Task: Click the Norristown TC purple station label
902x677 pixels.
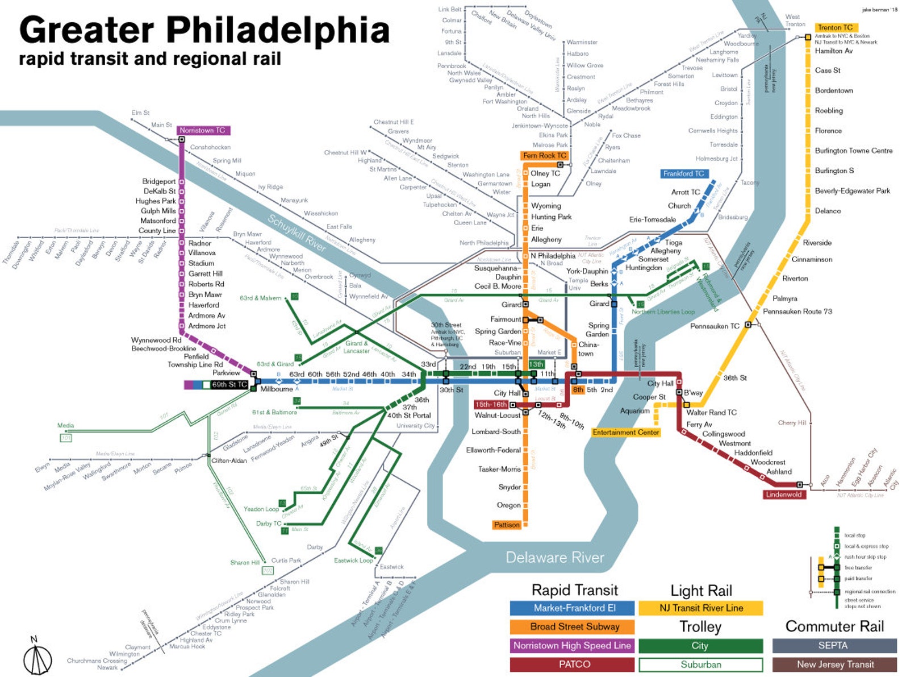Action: pos(203,131)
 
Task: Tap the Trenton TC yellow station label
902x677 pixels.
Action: pos(835,27)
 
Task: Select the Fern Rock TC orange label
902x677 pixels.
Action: pos(544,156)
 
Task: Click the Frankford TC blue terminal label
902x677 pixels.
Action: pos(683,174)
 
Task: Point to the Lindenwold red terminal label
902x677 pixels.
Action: pos(783,495)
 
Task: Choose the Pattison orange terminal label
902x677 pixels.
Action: pos(507,525)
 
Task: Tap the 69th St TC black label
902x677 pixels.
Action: pos(229,385)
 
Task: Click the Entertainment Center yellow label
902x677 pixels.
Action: pos(625,433)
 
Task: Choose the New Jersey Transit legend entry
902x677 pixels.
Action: pos(834,664)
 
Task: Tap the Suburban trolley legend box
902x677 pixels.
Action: pos(700,664)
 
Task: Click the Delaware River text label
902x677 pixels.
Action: pos(554,558)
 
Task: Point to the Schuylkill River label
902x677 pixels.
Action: pos(297,232)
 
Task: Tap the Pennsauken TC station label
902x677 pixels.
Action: pos(714,326)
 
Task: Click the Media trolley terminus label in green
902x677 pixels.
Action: pos(65,425)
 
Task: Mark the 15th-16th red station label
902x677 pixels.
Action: pos(491,405)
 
